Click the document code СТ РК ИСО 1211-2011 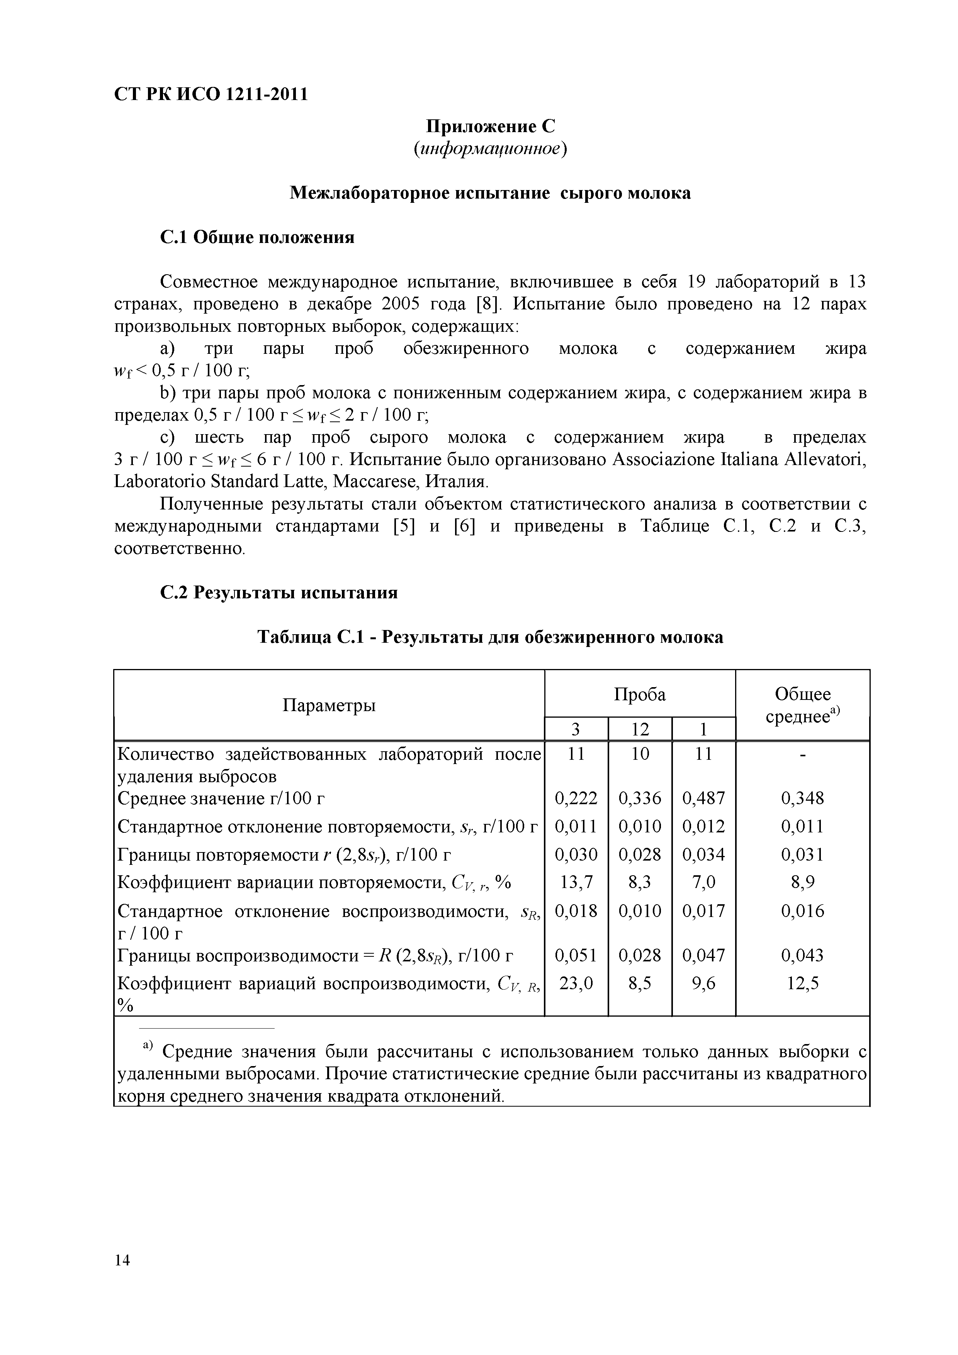pos(211,94)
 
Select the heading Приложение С pos(491,126)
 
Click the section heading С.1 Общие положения pos(257,237)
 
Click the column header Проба pos(640,694)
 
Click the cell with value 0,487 pos(703,798)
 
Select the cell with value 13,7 pos(576,882)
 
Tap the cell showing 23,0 pos(576,983)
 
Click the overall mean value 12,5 pos(803,983)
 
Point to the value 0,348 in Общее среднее pos(803,798)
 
